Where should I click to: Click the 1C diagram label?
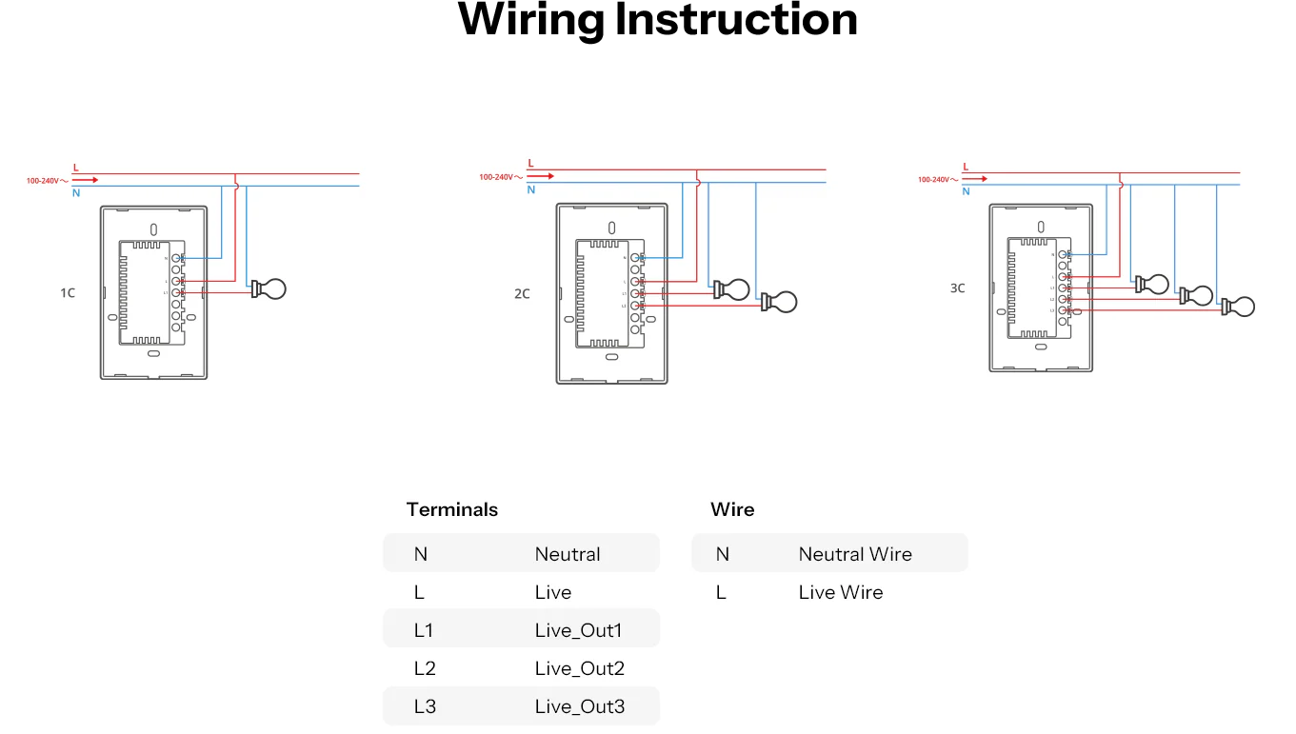pyautogui.click(x=68, y=293)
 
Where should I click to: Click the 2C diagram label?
pyautogui.click(x=522, y=294)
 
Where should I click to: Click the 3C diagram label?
pyautogui.click(x=957, y=288)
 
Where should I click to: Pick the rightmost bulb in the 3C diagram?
pyautogui.click(x=1239, y=307)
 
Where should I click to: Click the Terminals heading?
pyautogui.click(x=451, y=509)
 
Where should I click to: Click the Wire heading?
pyautogui.click(x=732, y=509)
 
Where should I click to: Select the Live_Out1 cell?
pyautogui.click(x=578, y=630)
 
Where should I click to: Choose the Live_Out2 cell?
pyautogui.click(x=579, y=668)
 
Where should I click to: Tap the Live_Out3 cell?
pyautogui.click(x=579, y=706)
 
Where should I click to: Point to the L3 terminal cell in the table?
pyautogui.click(x=425, y=706)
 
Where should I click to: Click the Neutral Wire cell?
pyautogui.click(x=854, y=554)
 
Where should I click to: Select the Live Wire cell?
pyautogui.click(x=840, y=592)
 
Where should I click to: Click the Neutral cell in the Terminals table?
pyautogui.click(x=568, y=554)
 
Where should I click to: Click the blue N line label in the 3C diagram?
pyautogui.click(x=966, y=191)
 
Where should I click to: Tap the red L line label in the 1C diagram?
pyautogui.click(x=76, y=168)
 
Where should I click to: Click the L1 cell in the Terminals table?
pyautogui.click(x=424, y=630)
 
